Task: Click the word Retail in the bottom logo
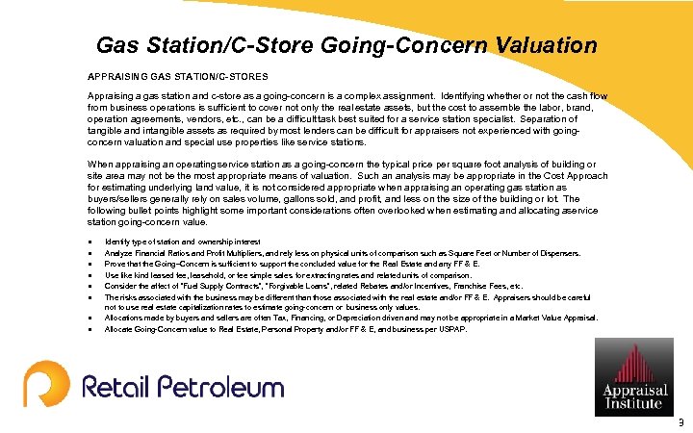pos(115,387)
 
